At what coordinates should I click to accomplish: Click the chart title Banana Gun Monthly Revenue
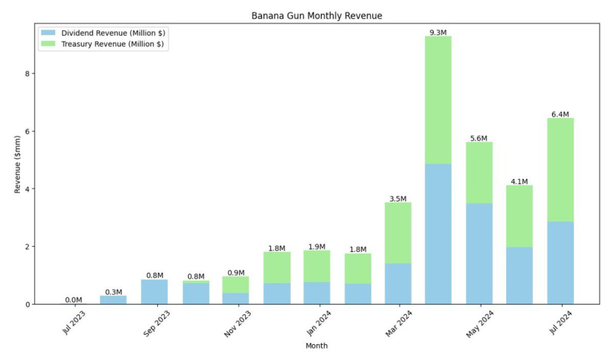[x=317, y=16]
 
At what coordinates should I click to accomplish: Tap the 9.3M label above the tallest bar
[x=438, y=32]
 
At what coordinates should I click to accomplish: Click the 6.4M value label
[x=560, y=114]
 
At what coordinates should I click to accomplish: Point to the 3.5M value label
[x=398, y=199]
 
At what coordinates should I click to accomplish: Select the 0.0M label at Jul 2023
[x=73, y=300]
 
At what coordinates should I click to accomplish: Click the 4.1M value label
[x=519, y=182]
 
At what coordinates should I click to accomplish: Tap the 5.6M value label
[x=479, y=139]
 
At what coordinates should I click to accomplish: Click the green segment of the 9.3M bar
[x=438, y=100]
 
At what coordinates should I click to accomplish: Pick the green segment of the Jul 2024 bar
[x=560, y=170]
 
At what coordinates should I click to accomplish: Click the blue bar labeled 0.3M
[x=114, y=300]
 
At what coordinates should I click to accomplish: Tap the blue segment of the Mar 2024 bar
[x=398, y=283]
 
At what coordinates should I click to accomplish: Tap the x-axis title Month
[x=316, y=345]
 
